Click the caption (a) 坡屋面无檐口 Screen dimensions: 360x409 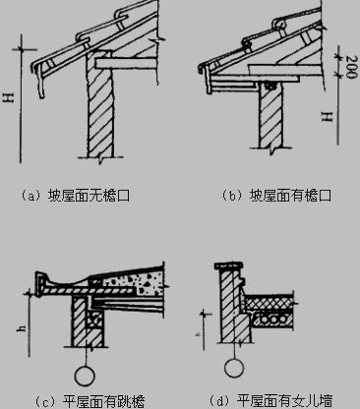75,196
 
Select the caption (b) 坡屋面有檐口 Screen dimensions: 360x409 276,196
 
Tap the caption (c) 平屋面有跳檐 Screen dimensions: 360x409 90,401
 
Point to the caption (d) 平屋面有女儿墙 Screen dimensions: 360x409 270,400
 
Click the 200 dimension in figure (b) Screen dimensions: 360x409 351,67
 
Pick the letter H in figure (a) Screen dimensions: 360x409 9,97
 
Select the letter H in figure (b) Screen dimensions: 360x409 327,116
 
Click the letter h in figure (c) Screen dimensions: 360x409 22,327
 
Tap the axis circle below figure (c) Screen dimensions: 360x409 86,376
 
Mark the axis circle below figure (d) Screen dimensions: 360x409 234,368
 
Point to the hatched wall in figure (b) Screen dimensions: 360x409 270,115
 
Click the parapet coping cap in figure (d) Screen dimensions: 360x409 229,265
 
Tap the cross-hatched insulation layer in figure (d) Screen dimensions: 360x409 269,302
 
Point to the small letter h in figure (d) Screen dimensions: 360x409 199,334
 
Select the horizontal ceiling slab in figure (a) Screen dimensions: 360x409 125,64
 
